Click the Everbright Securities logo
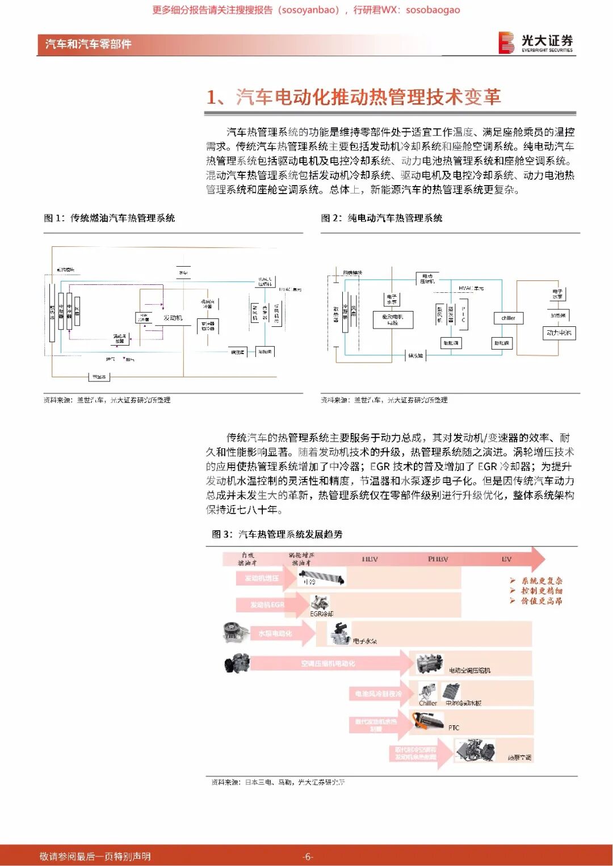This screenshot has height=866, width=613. pyautogui.click(x=535, y=43)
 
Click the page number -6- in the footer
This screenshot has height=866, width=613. pyautogui.click(x=307, y=856)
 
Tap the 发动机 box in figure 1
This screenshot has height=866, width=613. pyautogui.click(x=173, y=318)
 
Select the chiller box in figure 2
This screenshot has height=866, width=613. pyautogui.click(x=508, y=318)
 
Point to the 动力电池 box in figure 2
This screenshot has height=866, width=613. pyautogui.click(x=559, y=333)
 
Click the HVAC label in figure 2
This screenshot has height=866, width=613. pyautogui.click(x=471, y=288)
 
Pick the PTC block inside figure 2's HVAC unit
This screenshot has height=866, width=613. pyautogui.click(x=463, y=314)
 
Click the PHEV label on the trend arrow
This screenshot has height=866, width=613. pyautogui.click(x=438, y=559)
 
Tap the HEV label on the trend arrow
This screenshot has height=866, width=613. pyautogui.click(x=370, y=559)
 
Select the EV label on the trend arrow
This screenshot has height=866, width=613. pyautogui.click(x=506, y=559)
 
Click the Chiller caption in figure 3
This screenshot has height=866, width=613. pyautogui.click(x=428, y=703)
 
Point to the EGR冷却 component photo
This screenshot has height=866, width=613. pyautogui.click(x=320, y=603)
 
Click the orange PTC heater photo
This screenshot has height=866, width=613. pyautogui.click(x=427, y=722)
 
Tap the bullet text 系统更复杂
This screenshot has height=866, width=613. pyautogui.click(x=541, y=581)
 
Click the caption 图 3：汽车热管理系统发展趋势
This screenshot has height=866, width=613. pyautogui.click(x=277, y=534)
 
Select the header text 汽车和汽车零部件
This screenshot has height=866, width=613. pyautogui.click(x=88, y=44)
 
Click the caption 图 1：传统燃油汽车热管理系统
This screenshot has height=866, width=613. pyautogui.click(x=110, y=218)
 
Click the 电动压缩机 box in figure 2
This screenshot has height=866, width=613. pyautogui.click(x=427, y=279)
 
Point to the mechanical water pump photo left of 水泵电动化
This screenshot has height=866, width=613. pyautogui.click(x=234, y=632)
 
